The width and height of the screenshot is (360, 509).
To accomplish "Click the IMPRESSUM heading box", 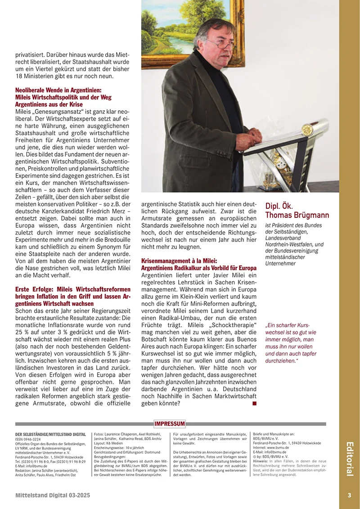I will click(169, 423).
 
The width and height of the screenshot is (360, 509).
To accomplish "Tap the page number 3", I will click(349, 495).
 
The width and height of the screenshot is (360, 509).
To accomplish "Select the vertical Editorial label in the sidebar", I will click(349, 459).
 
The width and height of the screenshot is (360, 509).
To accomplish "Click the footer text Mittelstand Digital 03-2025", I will click(53, 495).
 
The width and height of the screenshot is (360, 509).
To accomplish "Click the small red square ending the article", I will click(255, 404).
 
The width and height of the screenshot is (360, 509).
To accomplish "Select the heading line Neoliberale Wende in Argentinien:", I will click(58, 90).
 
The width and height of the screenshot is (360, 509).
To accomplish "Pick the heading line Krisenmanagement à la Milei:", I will click(179, 261).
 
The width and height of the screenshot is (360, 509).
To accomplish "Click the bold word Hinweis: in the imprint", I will click(261, 461).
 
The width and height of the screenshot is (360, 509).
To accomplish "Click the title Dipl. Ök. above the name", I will click(279, 206).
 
